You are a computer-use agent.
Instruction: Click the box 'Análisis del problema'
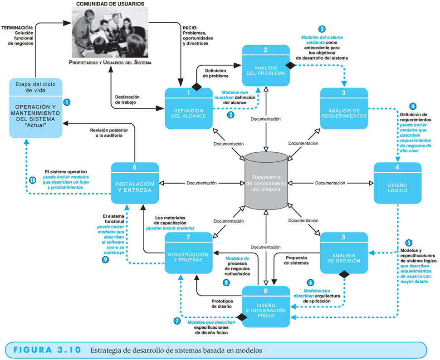click(x=266, y=65)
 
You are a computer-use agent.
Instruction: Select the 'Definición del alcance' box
click(x=189, y=108)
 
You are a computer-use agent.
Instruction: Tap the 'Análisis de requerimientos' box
click(x=344, y=108)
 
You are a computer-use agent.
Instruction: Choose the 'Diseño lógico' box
click(x=397, y=183)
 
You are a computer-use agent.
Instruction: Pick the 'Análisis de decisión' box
click(x=344, y=253)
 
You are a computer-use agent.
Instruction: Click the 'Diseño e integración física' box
click(x=266, y=306)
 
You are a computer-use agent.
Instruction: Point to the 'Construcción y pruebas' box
click(x=189, y=253)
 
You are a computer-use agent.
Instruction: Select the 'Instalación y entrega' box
click(x=135, y=183)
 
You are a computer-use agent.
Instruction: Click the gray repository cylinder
click(x=266, y=181)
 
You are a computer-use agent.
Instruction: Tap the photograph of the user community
click(x=110, y=33)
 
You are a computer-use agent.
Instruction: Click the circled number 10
click(x=33, y=180)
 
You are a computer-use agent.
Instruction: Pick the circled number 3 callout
click(x=322, y=29)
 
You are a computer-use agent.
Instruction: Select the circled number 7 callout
click(x=177, y=321)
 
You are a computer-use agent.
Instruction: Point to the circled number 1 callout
click(x=67, y=102)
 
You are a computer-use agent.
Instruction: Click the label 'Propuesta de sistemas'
click(x=296, y=260)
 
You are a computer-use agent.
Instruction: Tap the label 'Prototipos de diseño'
click(x=222, y=304)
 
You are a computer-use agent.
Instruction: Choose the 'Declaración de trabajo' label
click(x=127, y=100)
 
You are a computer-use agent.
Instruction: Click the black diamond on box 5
click(x=344, y=274)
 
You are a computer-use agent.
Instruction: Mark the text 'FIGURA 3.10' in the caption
click(x=47, y=350)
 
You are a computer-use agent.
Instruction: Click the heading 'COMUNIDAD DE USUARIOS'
click(x=110, y=4)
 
